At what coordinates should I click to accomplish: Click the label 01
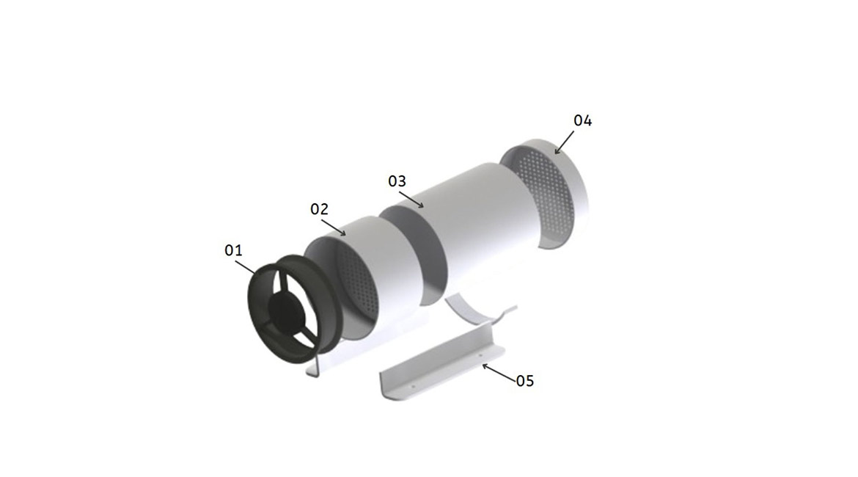pos(233,251)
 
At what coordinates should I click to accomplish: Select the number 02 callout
pos(319,209)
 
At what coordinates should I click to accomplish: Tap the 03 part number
pos(397,181)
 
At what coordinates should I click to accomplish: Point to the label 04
pos(582,121)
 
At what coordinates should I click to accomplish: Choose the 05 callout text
pos(525,381)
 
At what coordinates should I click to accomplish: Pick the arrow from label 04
pos(565,142)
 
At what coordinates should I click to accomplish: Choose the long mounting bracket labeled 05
pos(440,371)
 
